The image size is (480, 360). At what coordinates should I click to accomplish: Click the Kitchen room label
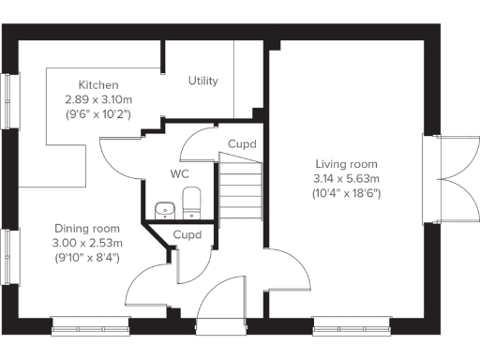coord(98,83)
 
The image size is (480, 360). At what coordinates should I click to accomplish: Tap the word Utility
coord(203,81)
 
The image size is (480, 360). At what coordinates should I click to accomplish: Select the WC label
coord(180,174)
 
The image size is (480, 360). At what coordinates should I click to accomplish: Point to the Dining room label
coord(87,229)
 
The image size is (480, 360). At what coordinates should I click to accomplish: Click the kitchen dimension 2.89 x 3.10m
coord(98,98)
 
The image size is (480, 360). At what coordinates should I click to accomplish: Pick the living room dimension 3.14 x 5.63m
coord(347,178)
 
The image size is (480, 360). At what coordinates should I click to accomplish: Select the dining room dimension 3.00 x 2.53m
coord(87,243)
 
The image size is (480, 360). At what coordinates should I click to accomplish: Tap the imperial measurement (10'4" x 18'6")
coord(347,193)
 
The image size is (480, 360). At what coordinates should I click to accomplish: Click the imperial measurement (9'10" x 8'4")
coord(87,257)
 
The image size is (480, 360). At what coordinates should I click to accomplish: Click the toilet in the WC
coord(191,200)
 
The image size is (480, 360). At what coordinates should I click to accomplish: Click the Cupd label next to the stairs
coord(242,144)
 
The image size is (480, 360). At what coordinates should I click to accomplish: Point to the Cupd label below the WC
coord(187,234)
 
